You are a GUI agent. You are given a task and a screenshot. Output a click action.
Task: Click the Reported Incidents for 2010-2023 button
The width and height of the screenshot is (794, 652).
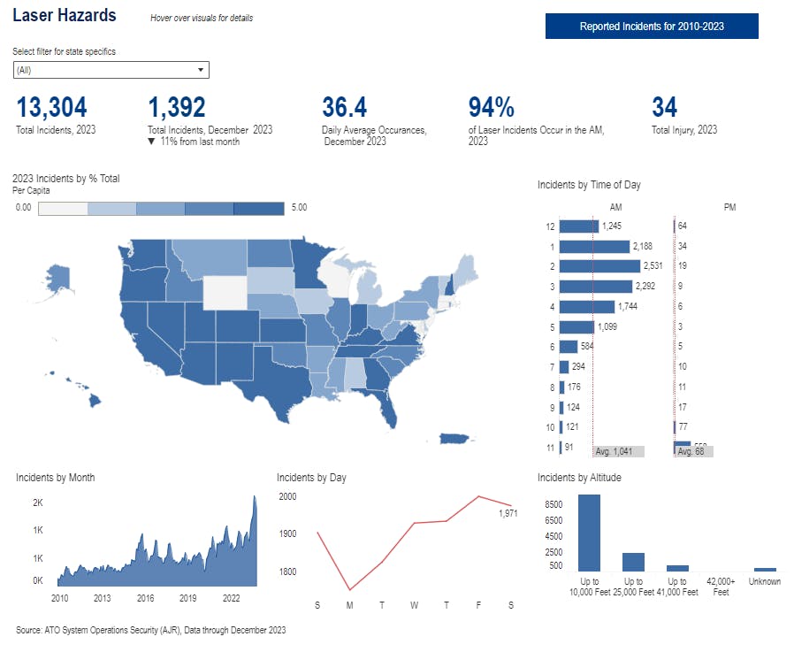pyautogui.click(x=652, y=27)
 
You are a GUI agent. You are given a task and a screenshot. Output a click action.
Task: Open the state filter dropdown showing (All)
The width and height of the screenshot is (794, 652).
pyautogui.click(x=111, y=70)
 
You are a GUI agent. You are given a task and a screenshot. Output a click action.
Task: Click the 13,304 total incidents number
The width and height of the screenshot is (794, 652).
pyautogui.click(x=51, y=108)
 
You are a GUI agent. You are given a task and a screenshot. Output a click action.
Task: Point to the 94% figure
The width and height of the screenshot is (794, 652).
pyautogui.click(x=491, y=108)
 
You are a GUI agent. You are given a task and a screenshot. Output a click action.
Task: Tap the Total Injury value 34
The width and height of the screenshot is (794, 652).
pyautogui.click(x=664, y=108)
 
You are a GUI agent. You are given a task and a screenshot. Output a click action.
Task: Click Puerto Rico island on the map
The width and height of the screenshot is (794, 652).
pyautogui.click(x=453, y=440)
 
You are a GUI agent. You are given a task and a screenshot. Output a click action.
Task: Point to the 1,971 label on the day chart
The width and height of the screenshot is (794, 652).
pyautogui.click(x=508, y=513)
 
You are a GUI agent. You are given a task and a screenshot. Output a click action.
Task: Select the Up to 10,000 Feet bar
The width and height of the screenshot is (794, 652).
pyautogui.click(x=589, y=533)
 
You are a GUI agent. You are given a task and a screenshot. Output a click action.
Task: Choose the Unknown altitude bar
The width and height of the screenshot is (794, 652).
pyautogui.click(x=765, y=569)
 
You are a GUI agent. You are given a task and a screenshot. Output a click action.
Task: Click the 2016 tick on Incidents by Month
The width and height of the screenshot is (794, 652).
pyautogui.click(x=145, y=598)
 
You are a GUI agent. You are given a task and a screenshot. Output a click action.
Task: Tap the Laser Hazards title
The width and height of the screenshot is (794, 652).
pyautogui.click(x=64, y=16)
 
